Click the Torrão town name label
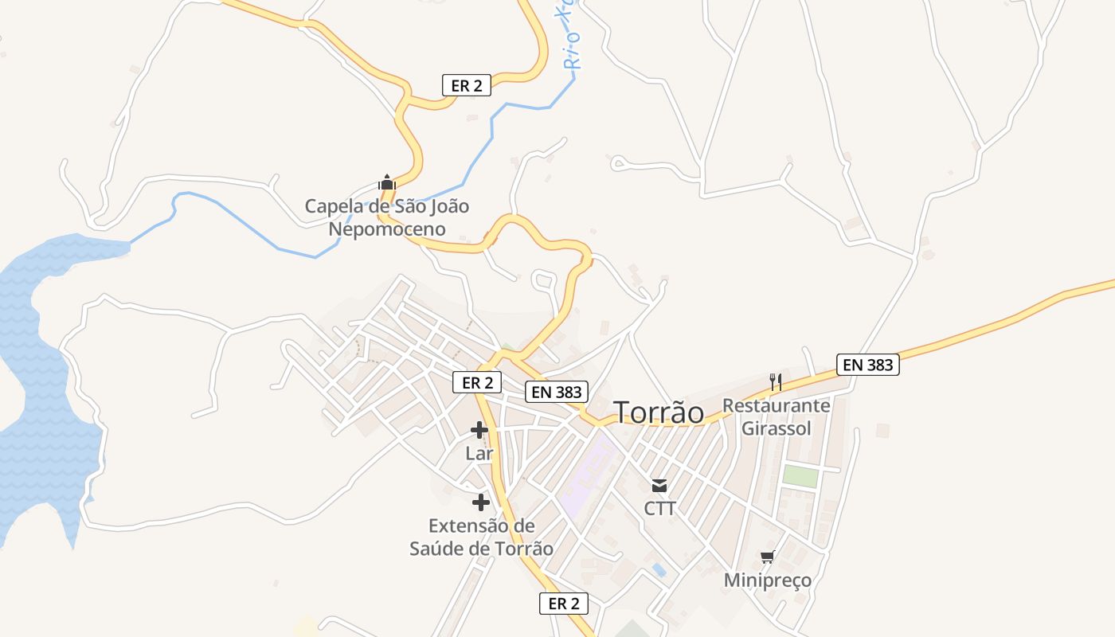[659, 412]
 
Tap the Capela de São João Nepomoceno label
[387, 217]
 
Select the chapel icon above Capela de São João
[387, 182]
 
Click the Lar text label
[479, 453]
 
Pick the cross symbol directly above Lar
[479, 431]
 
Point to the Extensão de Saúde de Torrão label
[481, 537]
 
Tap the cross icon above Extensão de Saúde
[481, 502]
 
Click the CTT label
[659, 508]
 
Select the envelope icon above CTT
[659, 485]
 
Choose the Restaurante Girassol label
[777, 417]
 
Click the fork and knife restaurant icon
[777, 382]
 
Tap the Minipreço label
[768, 580]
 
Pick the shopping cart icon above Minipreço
[768, 557]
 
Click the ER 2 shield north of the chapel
[467, 85]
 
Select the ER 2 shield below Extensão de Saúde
[564, 604]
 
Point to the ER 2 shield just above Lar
[477, 382]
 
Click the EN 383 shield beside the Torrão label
[557, 392]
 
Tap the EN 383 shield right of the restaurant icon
[868, 365]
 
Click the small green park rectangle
[800, 476]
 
